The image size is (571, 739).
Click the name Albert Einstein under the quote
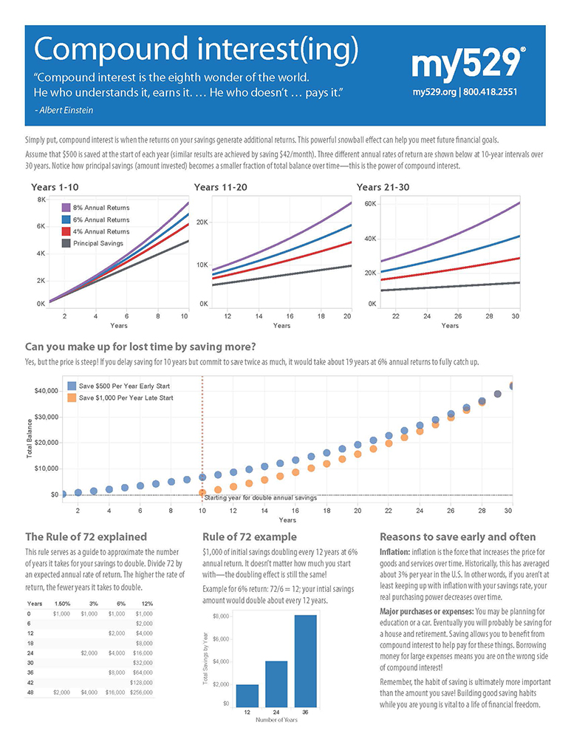coord(64,109)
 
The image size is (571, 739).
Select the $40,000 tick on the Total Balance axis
coord(46,390)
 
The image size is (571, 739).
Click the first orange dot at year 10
coord(202,493)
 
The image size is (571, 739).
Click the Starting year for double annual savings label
coord(260,498)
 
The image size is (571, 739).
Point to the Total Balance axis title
coord(30,440)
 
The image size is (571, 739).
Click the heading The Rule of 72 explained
coord(86,537)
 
